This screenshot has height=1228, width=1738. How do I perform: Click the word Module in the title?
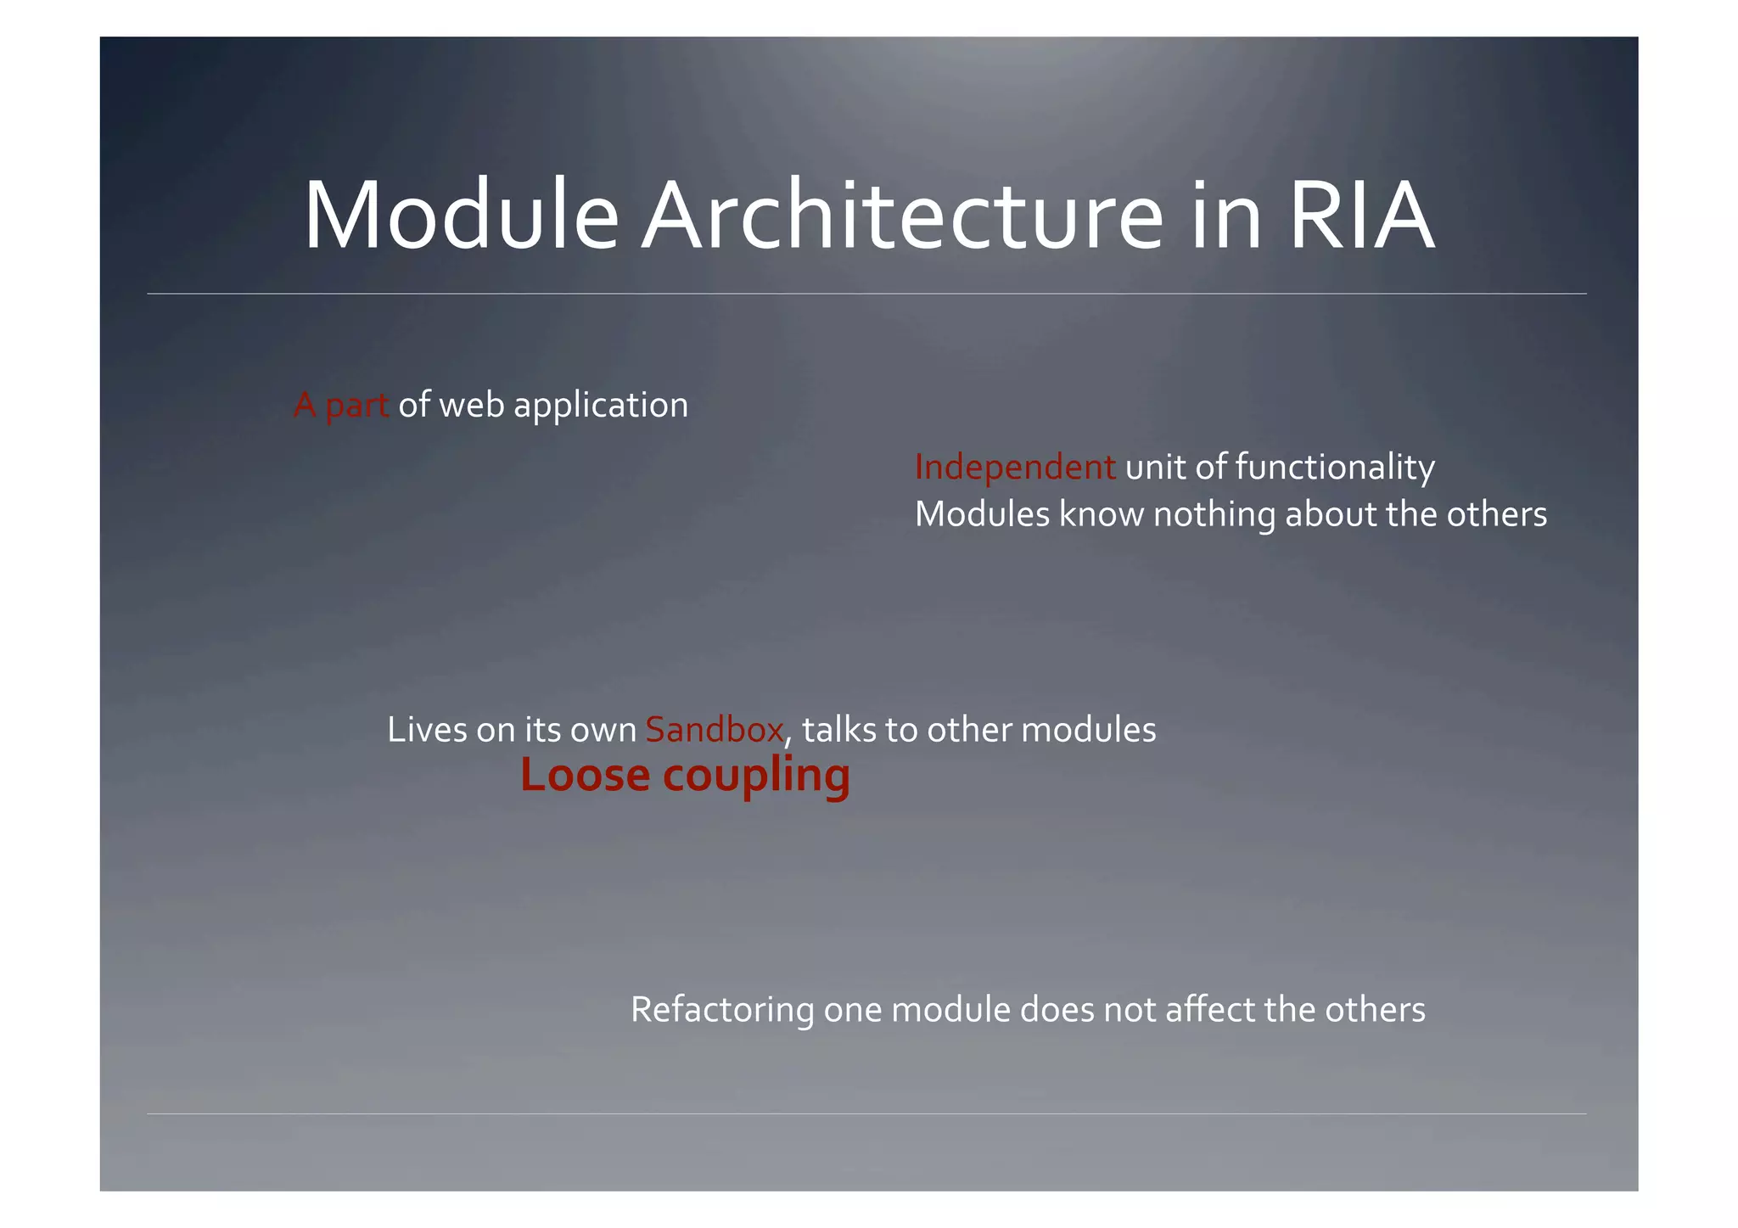pyautogui.click(x=461, y=216)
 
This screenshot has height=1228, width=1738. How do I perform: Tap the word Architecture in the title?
pyautogui.click(x=901, y=216)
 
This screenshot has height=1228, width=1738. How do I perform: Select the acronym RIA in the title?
pyautogui.click(x=1360, y=216)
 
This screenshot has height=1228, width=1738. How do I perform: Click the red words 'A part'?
pyautogui.click(x=341, y=406)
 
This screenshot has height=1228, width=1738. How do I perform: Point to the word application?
pyautogui.click(x=601, y=406)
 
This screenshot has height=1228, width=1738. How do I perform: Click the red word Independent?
pyautogui.click(x=1014, y=468)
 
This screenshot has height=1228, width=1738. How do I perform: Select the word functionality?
pyautogui.click(x=1335, y=468)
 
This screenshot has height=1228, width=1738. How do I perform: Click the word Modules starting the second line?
pyautogui.click(x=982, y=515)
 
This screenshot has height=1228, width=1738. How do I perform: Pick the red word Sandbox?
pyautogui.click(x=715, y=731)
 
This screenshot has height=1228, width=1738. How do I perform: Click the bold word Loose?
pyautogui.click(x=585, y=776)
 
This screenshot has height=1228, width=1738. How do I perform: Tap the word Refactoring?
pyautogui.click(x=721, y=1011)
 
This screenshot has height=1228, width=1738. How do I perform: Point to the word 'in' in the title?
pyautogui.click(x=1225, y=216)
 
